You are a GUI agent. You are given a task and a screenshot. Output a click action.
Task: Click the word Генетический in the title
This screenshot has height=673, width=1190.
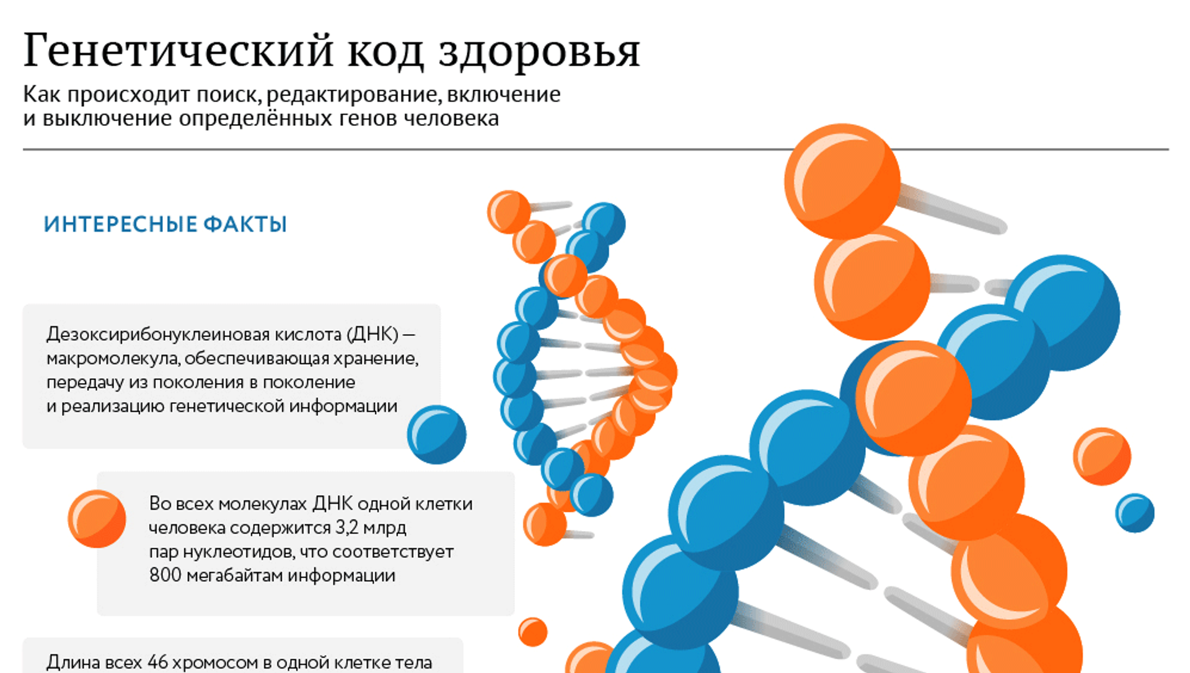pos(178,50)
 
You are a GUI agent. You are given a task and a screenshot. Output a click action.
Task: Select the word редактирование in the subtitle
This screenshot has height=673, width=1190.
pos(352,95)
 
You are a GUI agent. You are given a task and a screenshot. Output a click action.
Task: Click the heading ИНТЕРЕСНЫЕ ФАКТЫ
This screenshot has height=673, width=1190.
pos(165,224)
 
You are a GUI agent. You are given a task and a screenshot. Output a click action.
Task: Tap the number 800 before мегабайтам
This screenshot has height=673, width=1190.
pos(165,575)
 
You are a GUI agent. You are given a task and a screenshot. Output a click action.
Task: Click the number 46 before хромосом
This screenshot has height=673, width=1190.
pos(157,662)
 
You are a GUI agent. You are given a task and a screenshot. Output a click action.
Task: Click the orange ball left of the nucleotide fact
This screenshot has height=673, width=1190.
pos(97,519)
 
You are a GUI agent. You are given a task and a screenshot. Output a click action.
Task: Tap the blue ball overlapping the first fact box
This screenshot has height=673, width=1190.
pos(436,434)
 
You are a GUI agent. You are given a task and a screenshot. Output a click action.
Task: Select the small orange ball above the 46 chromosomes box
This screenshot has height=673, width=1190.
pos(532,632)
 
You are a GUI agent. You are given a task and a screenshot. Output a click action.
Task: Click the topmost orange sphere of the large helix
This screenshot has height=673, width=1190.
pos(842,181)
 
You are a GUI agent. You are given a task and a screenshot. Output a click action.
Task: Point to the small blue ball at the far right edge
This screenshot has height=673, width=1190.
pos(1135,512)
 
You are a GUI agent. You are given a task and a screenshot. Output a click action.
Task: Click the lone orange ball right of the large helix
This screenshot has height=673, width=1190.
pos(1102,456)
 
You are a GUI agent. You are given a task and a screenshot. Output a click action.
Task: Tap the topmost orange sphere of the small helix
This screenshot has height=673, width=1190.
pos(509,212)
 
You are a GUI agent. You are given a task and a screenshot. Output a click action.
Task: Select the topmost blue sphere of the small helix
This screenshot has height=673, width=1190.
pos(604,223)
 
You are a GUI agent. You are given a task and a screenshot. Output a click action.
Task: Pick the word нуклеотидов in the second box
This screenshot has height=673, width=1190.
pos(239,552)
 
